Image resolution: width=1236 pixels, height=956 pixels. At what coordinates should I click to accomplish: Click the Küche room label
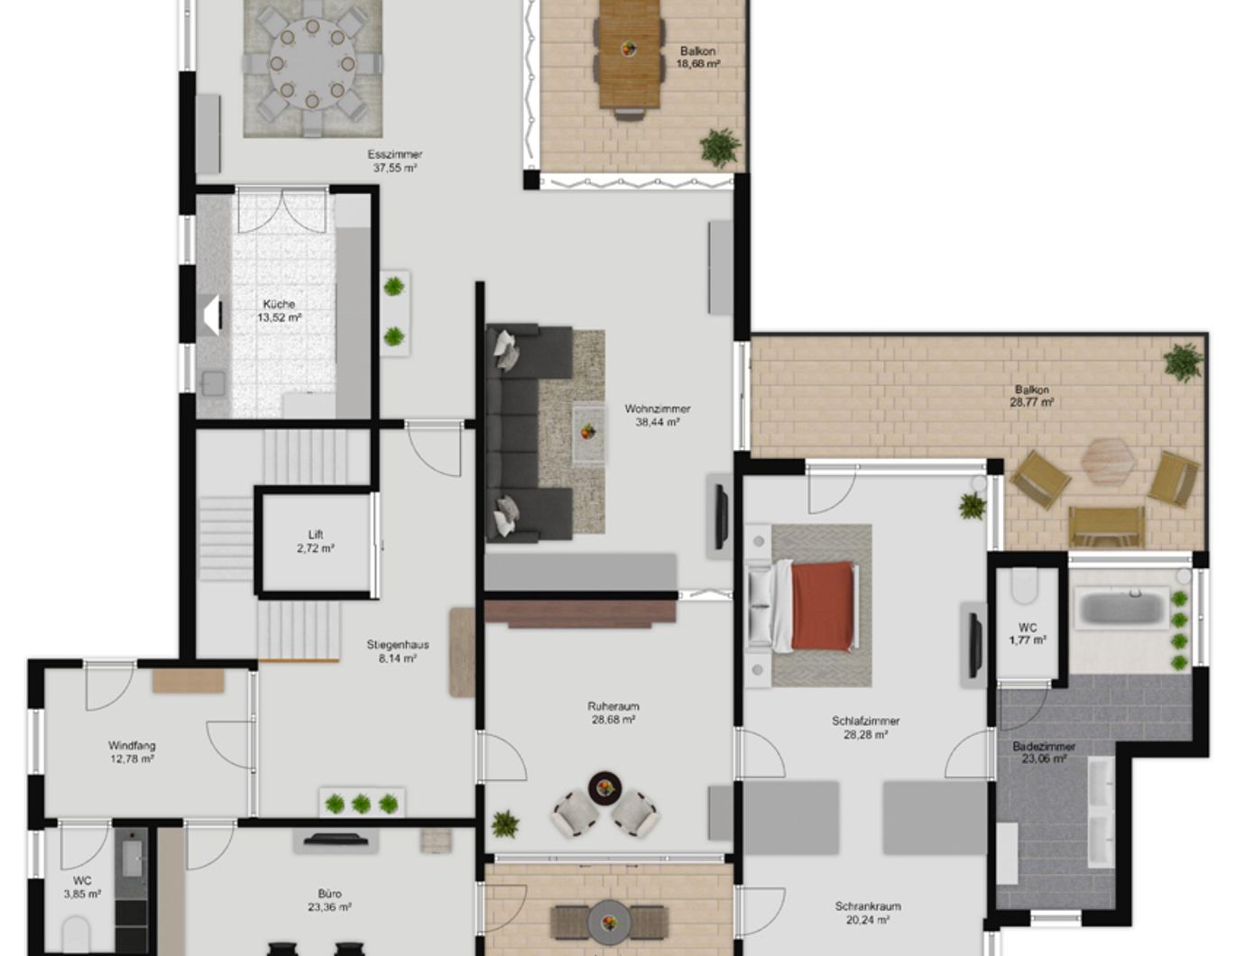coord(279,305)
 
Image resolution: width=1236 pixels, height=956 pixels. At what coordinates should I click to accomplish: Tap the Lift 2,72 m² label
coord(316,541)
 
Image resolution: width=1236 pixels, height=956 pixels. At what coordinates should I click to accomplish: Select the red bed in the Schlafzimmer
coord(821,605)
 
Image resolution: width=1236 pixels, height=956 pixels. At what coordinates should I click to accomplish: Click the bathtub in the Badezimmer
coord(1118,607)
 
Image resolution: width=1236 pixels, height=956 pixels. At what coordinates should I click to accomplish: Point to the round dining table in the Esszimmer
coord(311,64)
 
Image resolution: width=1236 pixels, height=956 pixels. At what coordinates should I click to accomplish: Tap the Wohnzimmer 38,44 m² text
coord(657,415)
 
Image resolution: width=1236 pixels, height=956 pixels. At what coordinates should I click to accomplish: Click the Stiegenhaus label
coord(397,645)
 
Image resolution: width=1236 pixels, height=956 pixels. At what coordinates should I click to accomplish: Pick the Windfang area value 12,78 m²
coord(132,759)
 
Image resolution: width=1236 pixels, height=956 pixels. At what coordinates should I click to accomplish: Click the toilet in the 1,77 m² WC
coord(1026,586)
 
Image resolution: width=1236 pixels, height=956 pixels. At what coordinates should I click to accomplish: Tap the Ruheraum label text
coord(613,707)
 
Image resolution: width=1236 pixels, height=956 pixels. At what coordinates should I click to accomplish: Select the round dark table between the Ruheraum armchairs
coord(604,787)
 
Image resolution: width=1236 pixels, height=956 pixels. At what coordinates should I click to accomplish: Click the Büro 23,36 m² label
coord(329,900)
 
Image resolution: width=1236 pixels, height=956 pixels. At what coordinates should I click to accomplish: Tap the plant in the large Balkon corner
coord(1182,362)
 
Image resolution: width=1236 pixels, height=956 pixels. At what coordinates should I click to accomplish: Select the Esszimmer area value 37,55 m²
coord(394,168)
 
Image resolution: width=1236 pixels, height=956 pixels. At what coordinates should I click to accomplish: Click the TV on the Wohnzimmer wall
coord(721,517)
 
